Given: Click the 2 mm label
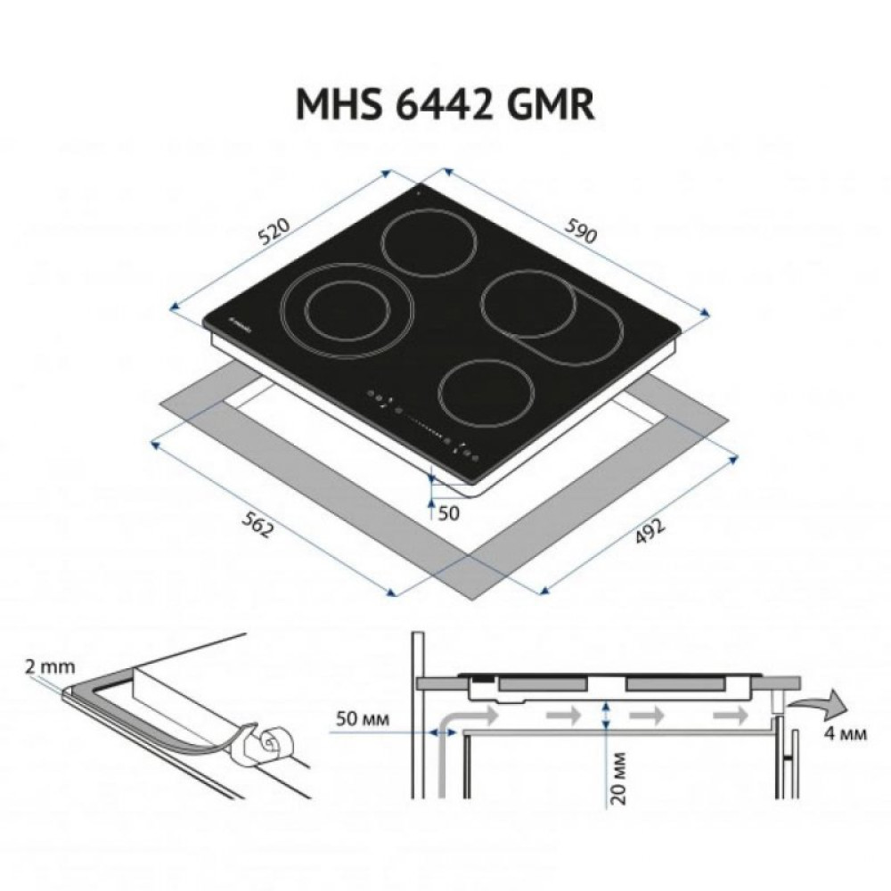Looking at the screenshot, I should [x=45, y=666].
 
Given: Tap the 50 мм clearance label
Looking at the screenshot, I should [x=364, y=718].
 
